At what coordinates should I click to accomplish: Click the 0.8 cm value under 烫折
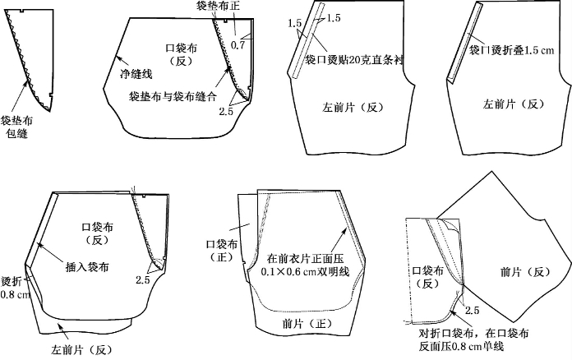(14, 294)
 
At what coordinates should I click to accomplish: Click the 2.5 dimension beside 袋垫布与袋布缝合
(227, 109)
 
